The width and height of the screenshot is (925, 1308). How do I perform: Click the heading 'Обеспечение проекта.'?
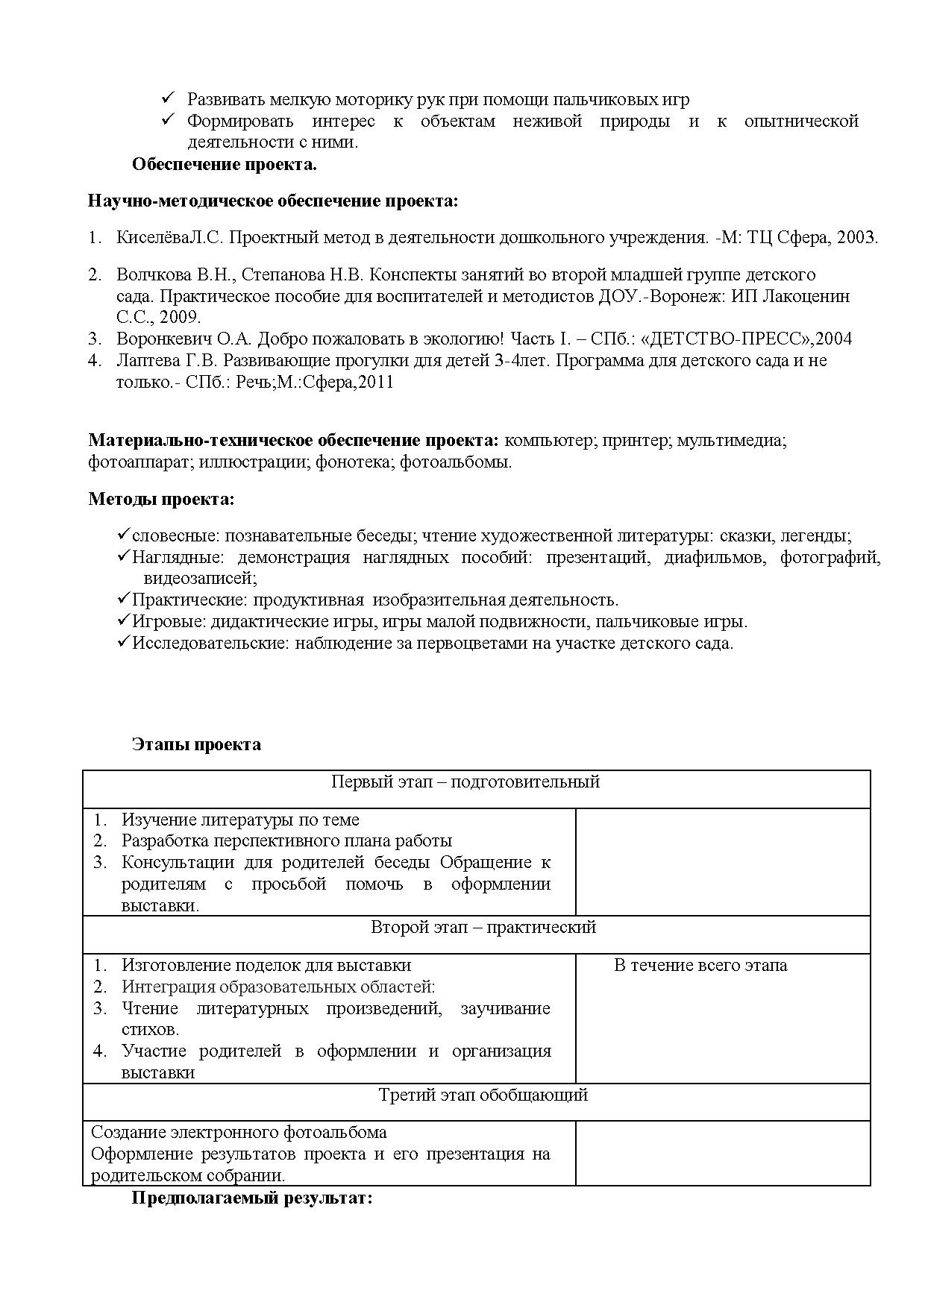[224, 165]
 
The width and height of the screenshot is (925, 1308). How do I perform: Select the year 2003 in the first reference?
[857, 238]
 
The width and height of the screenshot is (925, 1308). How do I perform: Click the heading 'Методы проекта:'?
[161, 499]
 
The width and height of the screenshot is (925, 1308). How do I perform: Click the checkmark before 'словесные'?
[124, 535]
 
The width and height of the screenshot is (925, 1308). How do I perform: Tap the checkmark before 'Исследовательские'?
[124, 642]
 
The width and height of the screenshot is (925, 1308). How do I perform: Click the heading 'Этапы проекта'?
[196, 744]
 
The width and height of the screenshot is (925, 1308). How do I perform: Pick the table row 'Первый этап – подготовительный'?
[465, 782]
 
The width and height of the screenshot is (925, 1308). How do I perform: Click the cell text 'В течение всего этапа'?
[700, 965]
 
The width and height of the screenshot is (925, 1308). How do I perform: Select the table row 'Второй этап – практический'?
[483, 927]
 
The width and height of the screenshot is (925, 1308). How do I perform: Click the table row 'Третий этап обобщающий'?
[483, 1095]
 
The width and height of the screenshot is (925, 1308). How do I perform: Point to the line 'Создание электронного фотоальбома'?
[239, 1132]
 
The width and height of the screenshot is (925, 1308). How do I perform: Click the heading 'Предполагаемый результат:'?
[251, 1198]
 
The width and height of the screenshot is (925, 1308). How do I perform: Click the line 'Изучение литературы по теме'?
[240, 820]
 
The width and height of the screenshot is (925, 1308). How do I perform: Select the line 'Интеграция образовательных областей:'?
[278, 987]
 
